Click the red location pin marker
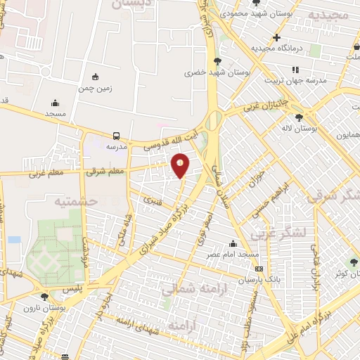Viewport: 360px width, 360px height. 181,165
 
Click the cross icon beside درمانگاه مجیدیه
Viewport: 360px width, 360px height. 277,37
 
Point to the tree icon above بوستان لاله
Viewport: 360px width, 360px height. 300,117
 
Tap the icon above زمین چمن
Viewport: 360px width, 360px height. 96,77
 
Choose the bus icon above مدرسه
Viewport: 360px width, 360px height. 116,136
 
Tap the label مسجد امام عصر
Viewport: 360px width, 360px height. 238,253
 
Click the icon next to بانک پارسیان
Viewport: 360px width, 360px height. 259,269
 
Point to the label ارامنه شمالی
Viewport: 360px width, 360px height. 191,288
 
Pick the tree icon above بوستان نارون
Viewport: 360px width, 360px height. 45,297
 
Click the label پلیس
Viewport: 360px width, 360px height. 71,288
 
